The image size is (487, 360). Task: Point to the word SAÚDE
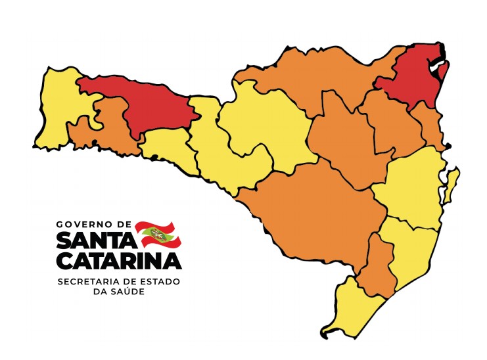coord(129,292)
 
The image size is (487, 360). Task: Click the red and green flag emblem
coord(158,234)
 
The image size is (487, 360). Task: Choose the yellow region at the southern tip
coord(355,309)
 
